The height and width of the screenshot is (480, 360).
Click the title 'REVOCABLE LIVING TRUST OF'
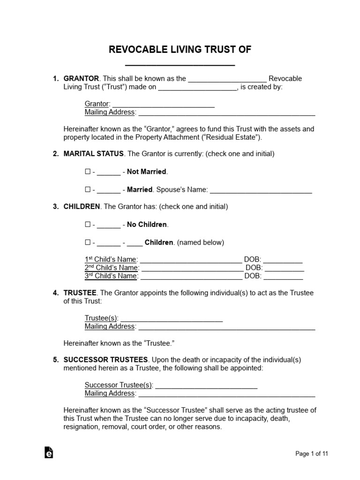pos(180,50)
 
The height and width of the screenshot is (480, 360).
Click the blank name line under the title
pos(180,64)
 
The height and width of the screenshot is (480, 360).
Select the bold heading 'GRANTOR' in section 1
pos(81,78)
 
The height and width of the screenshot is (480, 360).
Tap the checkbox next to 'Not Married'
pos(87,172)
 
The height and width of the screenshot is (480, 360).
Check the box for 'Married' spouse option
pos(87,189)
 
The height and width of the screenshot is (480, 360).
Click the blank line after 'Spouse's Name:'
pos(261,190)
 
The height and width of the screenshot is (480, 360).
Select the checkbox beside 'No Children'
pos(87,225)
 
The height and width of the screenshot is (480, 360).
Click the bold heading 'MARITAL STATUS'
pos(94,154)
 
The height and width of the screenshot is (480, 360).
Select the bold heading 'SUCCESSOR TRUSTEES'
pos(106,360)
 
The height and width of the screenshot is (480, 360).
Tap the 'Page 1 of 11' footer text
pos(312,453)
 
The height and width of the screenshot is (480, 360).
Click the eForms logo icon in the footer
pos(49,452)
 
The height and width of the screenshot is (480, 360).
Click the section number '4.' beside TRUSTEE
pos(56,292)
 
